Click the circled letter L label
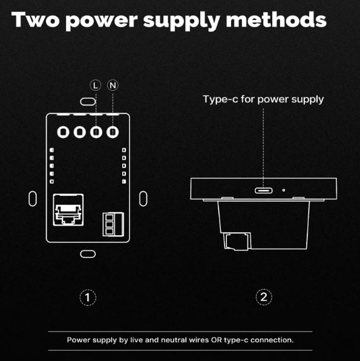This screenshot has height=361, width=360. click(x=96, y=85)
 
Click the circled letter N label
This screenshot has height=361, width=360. click(x=113, y=85)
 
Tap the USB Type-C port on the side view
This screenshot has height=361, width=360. click(x=263, y=190)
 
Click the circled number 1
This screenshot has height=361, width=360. click(x=88, y=298)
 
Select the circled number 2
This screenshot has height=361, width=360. click(x=264, y=297)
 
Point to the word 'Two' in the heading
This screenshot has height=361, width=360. click(x=35, y=20)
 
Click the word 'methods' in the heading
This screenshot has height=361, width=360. click(x=276, y=20)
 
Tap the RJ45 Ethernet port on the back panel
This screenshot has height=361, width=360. click(x=68, y=210)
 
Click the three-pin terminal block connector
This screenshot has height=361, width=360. click(x=113, y=224)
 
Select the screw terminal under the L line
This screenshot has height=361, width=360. click(x=96, y=132)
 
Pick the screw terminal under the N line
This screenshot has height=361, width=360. click(x=113, y=132)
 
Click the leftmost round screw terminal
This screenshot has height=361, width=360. click(x=63, y=132)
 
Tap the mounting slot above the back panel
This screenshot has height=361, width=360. click(x=88, y=102)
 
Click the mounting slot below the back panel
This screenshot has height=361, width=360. click(x=88, y=254)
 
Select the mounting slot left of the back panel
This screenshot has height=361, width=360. click(x=33, y=199)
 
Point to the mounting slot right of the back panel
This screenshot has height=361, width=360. click(x=143, y=199)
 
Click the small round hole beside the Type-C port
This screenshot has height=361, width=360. click(x=284, y=190)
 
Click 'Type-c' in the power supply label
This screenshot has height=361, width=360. click(x=220, y=99)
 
